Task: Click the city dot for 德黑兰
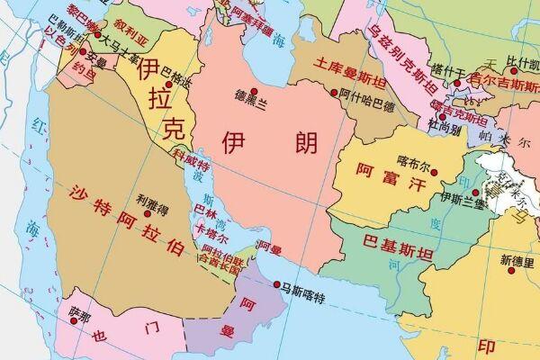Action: click(x=255, y=92)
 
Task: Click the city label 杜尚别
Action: click(x=445, y=128)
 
